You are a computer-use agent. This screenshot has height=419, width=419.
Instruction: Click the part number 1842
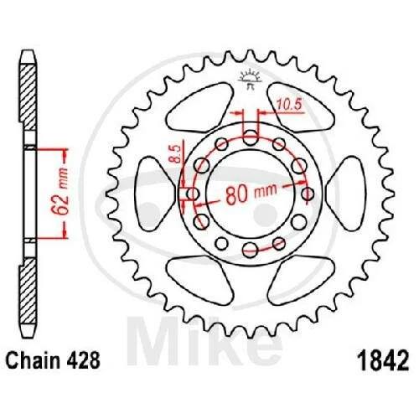click(x=385, y=361)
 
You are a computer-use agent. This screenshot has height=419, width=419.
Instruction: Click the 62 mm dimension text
click(x=61, y=192)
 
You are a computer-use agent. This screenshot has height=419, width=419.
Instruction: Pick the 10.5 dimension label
click(x=289, y=105)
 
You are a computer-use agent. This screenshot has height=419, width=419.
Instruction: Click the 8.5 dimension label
click(x=175, y=154)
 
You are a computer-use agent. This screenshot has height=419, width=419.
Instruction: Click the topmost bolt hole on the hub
click(x=251, y=137)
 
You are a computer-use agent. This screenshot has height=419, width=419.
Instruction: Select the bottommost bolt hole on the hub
click(x=250, y=250)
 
